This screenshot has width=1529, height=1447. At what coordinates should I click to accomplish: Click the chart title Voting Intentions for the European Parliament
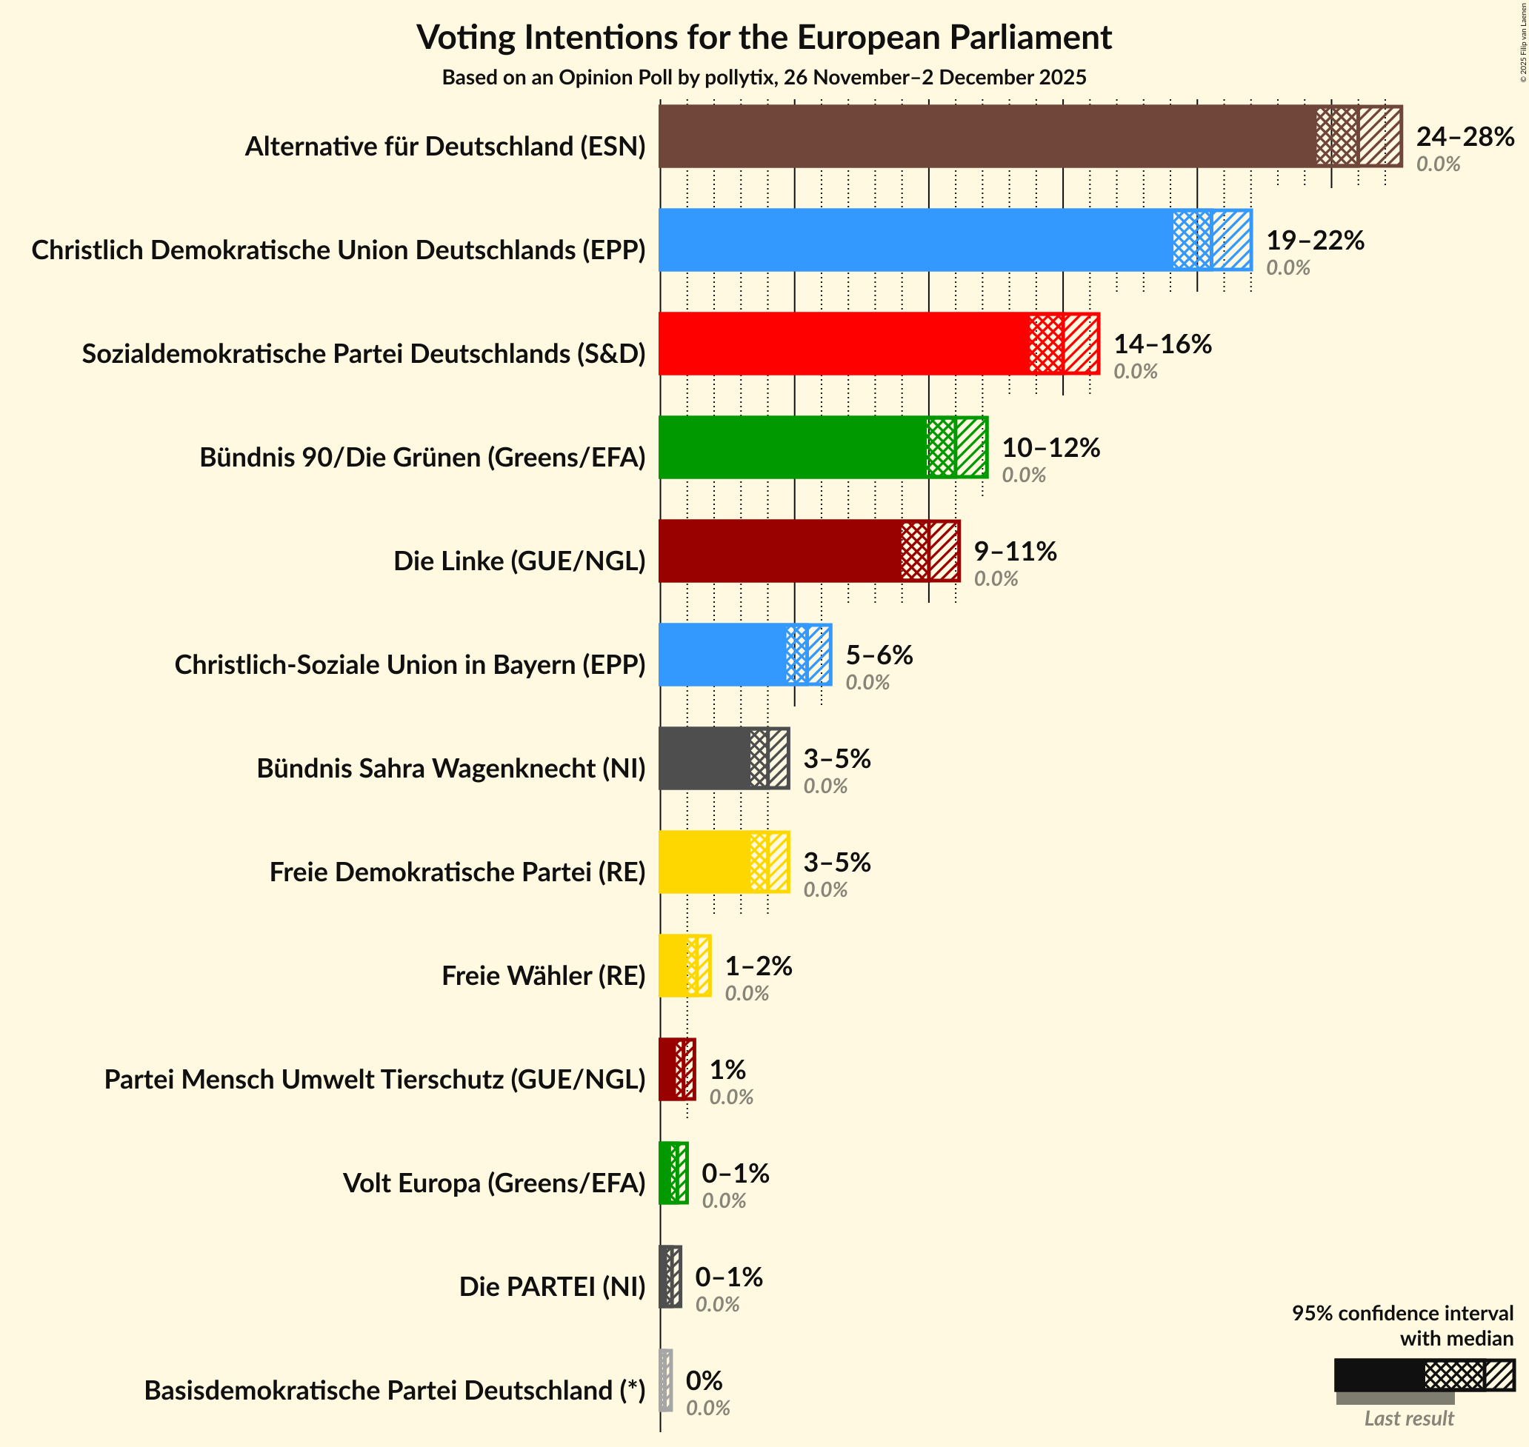pyautogui.click(x=764, y=37)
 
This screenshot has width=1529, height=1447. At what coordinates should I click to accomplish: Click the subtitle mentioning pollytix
pyautogui.click(x=764, y=78)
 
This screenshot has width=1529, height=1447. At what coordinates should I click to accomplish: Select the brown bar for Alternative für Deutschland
pyautogui.click(x=987, y=136)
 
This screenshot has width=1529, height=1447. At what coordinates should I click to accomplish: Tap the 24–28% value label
pyautogui.click(x=1465, y=136)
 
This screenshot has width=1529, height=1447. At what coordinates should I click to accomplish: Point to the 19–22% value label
pyautogui.click(x=1314, y=240)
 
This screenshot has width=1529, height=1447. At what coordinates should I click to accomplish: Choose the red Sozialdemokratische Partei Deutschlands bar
pyautogui.click(x=844, y=344)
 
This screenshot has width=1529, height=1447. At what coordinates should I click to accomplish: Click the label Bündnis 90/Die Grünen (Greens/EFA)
pyautogui.click(x=422, y=458)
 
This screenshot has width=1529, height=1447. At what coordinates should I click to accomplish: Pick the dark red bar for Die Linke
pyautogui.click(x=780, y=551)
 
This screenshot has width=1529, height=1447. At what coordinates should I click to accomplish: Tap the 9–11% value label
pyautogui.click(x=1014, y=551)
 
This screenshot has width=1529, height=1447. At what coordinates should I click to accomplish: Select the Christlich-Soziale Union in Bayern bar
pyautogui.click(x=722, y=655)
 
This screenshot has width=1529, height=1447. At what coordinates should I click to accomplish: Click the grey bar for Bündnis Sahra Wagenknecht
pyautogui.click(x=704, y=758)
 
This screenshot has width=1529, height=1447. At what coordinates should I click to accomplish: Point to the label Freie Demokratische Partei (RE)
pyautogui.click(x=456, y=872)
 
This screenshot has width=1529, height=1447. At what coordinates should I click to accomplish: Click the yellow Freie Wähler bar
pyautogui.click(x=673, y=966)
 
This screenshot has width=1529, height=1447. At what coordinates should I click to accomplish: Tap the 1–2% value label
pyautogui.click(x=758, y=966)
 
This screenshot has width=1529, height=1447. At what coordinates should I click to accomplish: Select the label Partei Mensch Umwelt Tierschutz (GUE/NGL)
pyautogui.click(x=374, y=1079)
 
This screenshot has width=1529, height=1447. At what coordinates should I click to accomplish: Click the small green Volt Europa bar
pyautogui.click(x=666, y=1173)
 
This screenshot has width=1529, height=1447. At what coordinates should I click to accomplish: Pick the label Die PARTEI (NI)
pyautogui.click(x=552, y=1286)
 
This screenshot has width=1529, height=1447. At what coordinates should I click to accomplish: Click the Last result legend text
pyautogui.click(x=1408, y=1417)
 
